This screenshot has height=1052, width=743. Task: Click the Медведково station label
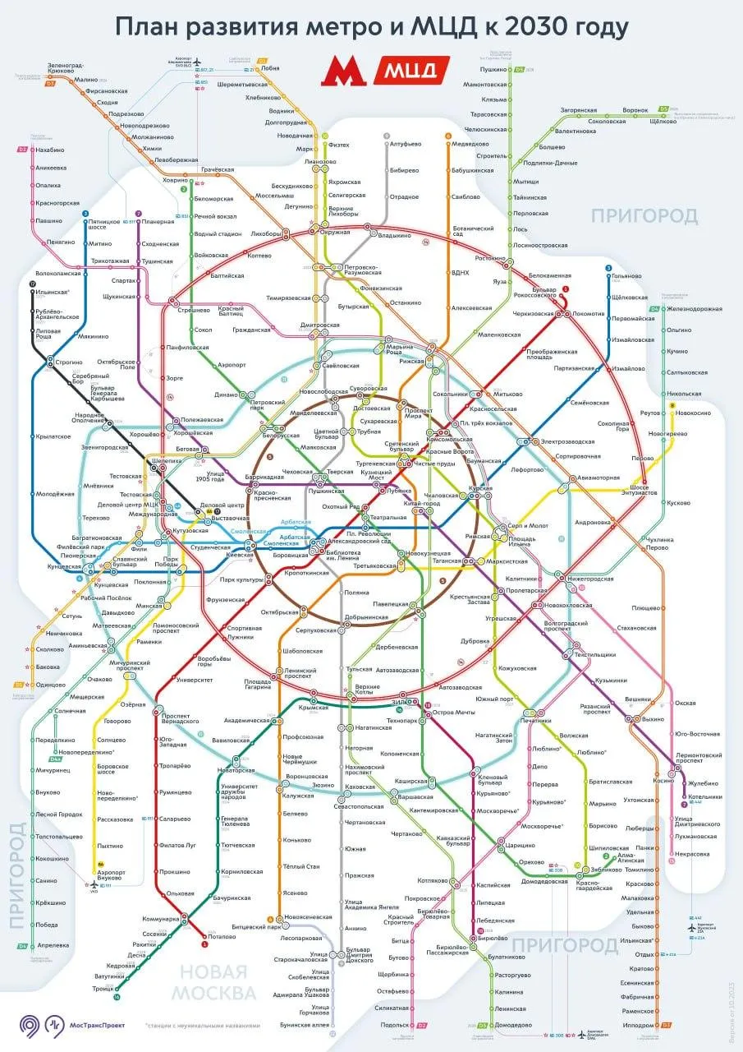pos(470,144)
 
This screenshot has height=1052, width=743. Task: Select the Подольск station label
pos(394,1025)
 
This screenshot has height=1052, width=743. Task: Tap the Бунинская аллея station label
pos(309,1025)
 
